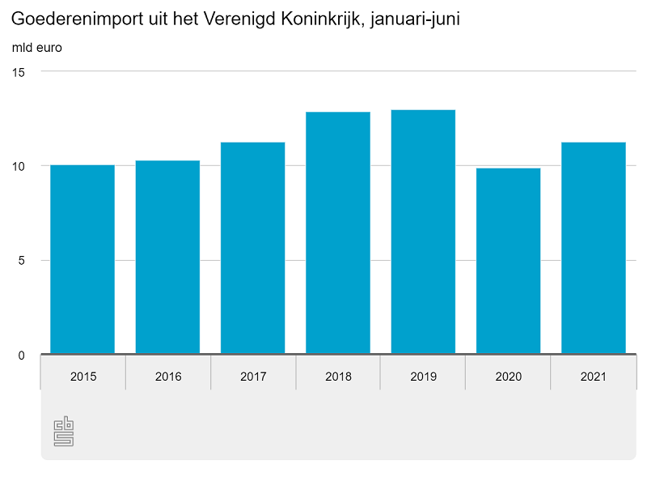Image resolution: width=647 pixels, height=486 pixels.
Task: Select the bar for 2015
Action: point(82,259)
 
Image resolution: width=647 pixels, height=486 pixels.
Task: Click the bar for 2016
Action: point(167,257)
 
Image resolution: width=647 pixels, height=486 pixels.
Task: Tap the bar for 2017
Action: point(252,248)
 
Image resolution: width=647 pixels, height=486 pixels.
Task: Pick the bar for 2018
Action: point(338,232)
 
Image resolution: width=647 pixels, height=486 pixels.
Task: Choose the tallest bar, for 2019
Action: point(423,232)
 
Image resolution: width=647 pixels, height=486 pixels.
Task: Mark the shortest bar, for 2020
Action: point(508,261)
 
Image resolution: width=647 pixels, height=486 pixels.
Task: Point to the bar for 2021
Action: point(594,248)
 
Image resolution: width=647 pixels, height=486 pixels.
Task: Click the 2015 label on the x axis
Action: point(82,377)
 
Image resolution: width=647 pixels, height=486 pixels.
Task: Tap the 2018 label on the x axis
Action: point(338,377)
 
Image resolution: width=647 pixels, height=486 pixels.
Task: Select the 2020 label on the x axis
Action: point(508,377)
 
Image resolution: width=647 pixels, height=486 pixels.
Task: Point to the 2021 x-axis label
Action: point(594,377)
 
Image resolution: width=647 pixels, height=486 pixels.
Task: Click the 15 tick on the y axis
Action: point(19,72)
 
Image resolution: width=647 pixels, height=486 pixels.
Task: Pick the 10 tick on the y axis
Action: point(19,166)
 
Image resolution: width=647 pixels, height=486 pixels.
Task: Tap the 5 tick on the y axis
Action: point(22,261)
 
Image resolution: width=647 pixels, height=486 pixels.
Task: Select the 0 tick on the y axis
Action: point(22,356)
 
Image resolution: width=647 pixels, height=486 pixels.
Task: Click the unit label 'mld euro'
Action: point(37,47)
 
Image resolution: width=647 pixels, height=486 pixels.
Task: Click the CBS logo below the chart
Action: point(63,432)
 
